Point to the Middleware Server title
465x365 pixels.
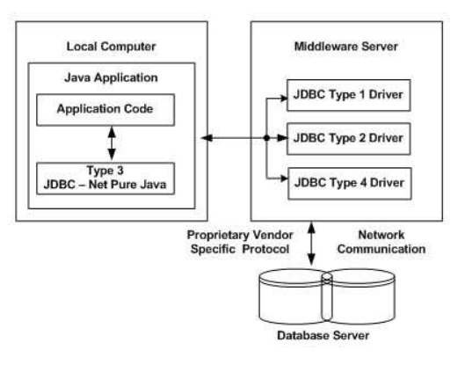pos(339,43)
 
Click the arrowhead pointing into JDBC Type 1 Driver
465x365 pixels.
pos(282,96)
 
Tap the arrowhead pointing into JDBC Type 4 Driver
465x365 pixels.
pos(282,181)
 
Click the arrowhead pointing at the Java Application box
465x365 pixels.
pos(207,138)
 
